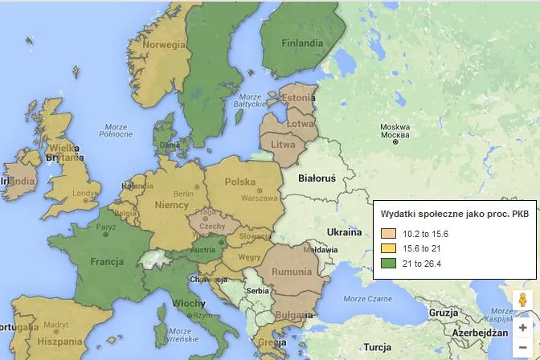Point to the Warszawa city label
point(259,198)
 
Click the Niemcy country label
point(170,205)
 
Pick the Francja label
point(106,262)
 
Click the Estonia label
point(298,97)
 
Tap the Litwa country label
point(284,144)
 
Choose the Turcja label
point(377,347)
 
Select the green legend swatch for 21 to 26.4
point(389,263)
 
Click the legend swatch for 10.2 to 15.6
point(389,234)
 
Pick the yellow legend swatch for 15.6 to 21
point(389,248)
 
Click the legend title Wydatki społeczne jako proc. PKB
point(454,214)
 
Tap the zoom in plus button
point(523,328)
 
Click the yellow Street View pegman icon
point(523,301)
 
